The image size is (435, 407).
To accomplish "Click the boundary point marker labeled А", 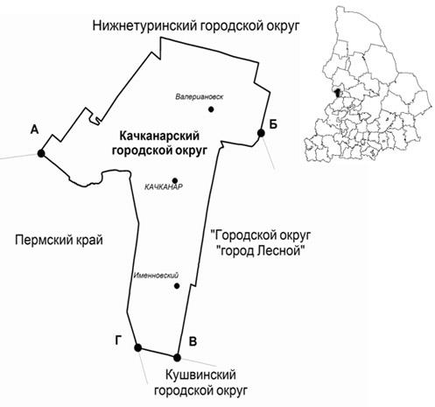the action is (41, 153).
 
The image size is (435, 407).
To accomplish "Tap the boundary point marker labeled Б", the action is (261, 133).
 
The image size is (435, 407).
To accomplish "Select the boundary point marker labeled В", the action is (177, 357).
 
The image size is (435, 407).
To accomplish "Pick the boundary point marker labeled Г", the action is (138, 347).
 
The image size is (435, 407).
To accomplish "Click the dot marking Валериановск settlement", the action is (211, 109).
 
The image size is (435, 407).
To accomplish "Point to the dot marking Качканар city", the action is (175, 180).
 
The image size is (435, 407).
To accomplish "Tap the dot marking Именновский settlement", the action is (177, 286).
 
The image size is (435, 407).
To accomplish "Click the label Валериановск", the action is (200, 96).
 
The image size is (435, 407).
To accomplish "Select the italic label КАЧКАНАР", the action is (164, 186).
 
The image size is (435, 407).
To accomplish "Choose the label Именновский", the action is (156, 275).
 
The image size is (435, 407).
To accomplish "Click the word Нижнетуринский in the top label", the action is (144, 25).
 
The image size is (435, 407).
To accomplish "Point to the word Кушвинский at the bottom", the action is (200, 375).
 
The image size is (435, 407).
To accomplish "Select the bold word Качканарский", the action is (159, 137).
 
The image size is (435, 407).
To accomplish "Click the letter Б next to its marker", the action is (273, 124).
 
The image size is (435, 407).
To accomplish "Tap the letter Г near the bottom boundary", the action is (118, 340).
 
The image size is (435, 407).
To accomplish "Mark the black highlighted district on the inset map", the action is (338, 93).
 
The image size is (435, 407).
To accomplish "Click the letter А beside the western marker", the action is (34, 130).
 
